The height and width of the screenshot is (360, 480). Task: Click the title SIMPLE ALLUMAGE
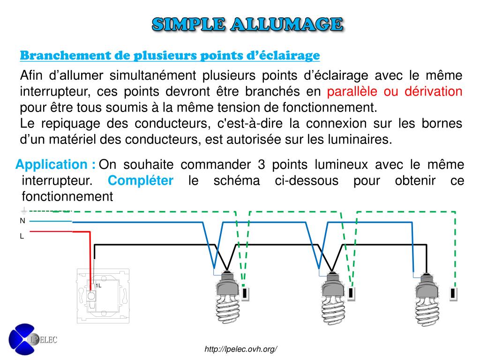[x=247, y=24]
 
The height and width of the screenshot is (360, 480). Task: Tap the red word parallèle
[x=352, y=91]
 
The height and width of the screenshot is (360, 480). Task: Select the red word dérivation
[x=428, y=91]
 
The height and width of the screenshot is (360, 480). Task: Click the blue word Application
[x=51, y=165]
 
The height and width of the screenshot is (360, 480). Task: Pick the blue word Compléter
[x=141, y=181]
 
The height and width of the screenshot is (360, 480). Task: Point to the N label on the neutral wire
[x=22, y=221]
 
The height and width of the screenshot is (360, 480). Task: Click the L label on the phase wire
[x=22, y=237]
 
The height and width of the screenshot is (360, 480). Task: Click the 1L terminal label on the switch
[x=98, y=285]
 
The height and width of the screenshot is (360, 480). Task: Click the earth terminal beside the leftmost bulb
[x=246, y=293]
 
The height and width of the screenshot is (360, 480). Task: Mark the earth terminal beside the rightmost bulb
[x=453, y=293]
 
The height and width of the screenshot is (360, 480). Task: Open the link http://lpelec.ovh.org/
[x=241, y=349]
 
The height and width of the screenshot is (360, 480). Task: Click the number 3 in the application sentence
[x=262, y=165]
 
